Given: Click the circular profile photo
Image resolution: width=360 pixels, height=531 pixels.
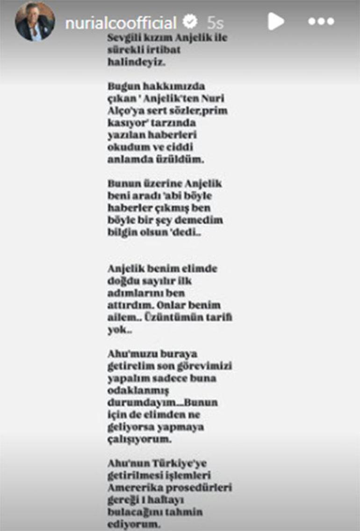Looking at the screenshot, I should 35,22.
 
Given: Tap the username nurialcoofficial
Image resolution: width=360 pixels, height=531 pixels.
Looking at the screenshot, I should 121,22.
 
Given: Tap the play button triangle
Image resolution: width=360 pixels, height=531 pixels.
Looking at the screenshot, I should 276,21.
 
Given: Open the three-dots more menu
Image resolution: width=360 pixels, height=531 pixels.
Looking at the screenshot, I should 321,22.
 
